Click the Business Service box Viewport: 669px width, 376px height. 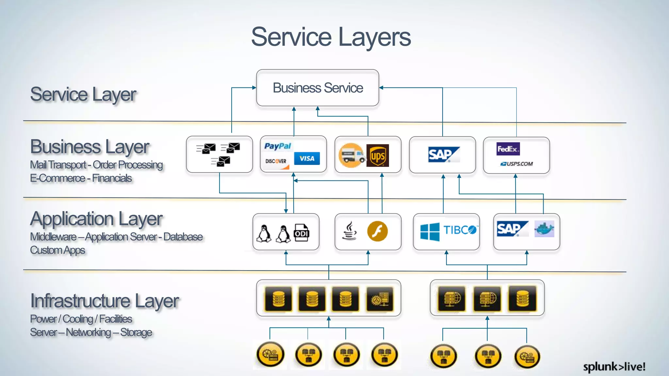coord(318,88)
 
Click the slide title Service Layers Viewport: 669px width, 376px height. coord(331,37)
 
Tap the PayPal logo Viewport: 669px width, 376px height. coord(278,146)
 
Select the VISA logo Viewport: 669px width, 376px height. coord(307,159)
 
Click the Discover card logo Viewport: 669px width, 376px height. coord(276,161)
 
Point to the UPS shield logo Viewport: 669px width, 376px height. coord(378,156)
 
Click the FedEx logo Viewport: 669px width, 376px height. coord(508,149)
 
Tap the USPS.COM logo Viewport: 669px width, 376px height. coord(516,164)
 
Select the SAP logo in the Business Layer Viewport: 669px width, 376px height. coord(443,155)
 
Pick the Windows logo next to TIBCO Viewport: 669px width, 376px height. coord(430,231)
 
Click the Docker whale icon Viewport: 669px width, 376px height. coord(544,229)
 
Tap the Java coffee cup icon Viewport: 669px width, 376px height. coord(350,231)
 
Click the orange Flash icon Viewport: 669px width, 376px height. coord(377,231)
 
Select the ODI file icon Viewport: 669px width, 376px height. coord(301,232)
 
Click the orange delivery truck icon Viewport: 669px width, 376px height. coord(351,155)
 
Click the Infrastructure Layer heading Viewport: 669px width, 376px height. coord(105,301)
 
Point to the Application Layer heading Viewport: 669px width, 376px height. coord(96,219)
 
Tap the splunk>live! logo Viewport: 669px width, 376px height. coord(614,367)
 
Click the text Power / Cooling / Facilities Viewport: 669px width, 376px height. coord(81,319)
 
